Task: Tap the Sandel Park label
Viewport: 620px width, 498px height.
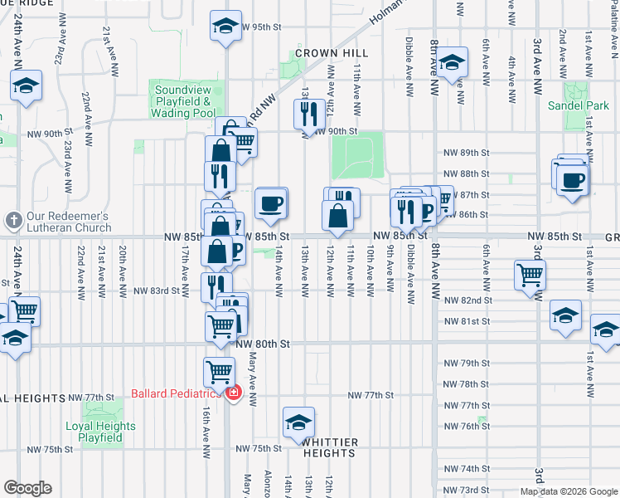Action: tap(578, 105)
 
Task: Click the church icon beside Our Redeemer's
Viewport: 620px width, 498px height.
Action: tap(12, 221)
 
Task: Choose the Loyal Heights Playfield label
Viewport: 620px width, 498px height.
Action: tap(100, 432)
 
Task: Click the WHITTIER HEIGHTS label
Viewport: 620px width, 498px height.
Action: tap(329, 448)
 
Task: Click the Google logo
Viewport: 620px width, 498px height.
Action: tap(27, 488)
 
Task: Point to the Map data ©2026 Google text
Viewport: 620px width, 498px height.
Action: tap(569, 491)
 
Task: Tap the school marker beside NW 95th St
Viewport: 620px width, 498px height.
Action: tap(225, 26)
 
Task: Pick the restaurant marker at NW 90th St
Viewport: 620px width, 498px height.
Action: tap(309, 115)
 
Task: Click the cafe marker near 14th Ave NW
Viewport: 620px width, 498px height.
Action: tap(270, 203)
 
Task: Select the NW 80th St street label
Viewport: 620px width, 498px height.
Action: tap(262, 344)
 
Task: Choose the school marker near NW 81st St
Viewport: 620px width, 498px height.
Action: tap(565, 316)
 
